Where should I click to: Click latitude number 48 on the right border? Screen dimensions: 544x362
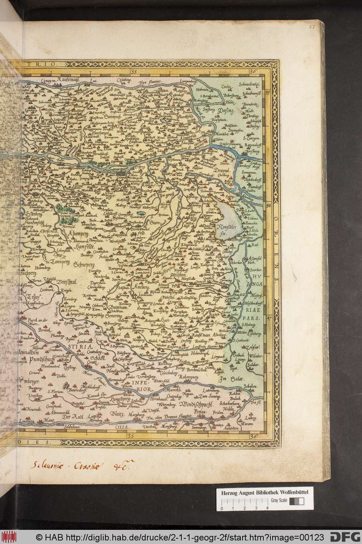point(268,205)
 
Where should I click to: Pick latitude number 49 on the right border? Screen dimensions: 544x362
point(268,93)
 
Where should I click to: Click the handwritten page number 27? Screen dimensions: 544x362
point(311,26)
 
